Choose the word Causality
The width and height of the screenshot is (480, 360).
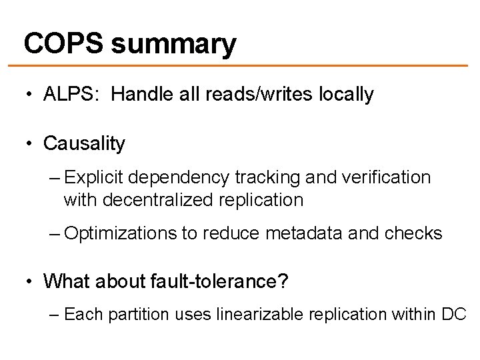(84, 143)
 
